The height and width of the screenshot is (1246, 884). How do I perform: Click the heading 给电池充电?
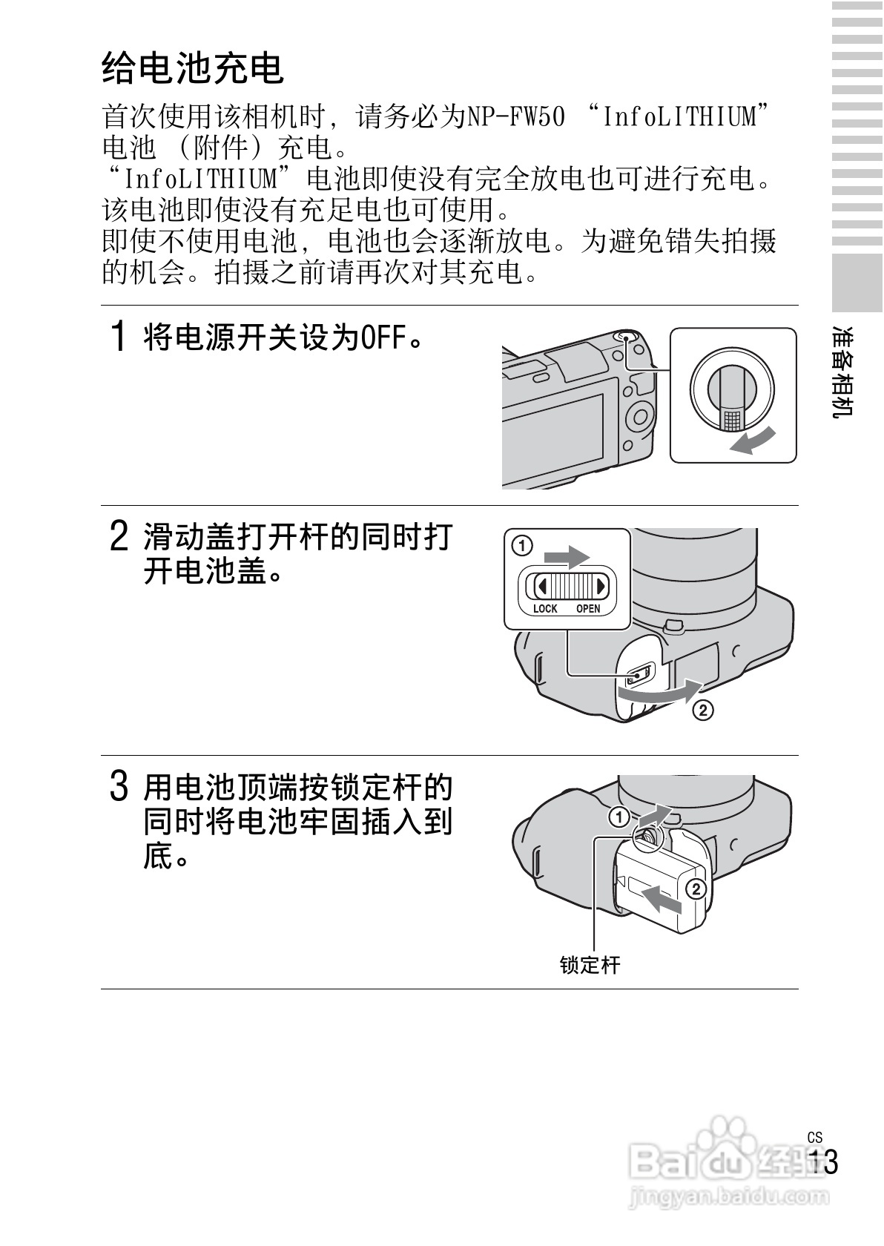click(193, 68)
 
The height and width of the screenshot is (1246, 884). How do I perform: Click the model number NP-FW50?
click(515, 117)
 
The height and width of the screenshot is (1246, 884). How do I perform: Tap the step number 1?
click(118, 336)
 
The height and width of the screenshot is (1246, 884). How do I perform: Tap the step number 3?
click(119, 786)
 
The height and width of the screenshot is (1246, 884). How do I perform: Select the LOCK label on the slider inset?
click(544, 608)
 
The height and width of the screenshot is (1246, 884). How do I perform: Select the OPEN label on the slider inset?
click(588, 608)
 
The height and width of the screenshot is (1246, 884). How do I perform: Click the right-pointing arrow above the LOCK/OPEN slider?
click(566, 556)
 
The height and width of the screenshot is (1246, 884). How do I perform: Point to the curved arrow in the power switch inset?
click(752, 439)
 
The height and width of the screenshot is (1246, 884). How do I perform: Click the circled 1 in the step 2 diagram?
click(522, 546)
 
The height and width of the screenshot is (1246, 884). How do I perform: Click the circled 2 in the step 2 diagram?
click(703, 711)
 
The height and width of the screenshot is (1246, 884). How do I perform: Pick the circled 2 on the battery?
click(696, 889)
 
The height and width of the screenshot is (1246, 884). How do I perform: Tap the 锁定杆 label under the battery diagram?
click(590, 965)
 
